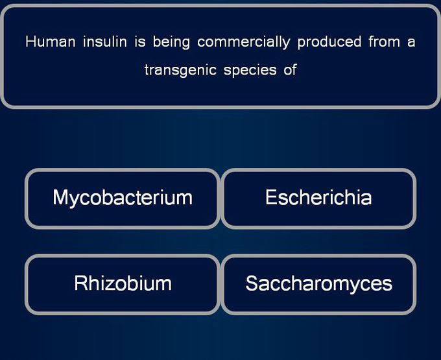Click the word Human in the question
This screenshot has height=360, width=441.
click(51, 42)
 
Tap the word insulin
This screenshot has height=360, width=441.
click(105, 42)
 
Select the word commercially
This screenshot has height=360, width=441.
click(244, 42)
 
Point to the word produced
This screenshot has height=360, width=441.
click(329, 42)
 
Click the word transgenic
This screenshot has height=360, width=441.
click(180, 70)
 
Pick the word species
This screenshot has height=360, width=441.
click(250, 71)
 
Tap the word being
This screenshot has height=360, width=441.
click(171, 42)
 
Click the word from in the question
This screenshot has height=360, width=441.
click(384, 42)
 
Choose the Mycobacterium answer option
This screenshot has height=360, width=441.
click(123, 199)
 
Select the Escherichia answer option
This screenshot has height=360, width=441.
click(318, 199)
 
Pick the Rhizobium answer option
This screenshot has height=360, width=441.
click(123, 284)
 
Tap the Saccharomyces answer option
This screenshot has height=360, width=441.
click(318, 284)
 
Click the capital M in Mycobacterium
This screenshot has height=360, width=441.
click(60, 197)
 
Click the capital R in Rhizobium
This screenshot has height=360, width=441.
click(80, 283)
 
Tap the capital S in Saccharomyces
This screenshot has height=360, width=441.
click(252, 283)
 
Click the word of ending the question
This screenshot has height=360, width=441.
click(291, 70)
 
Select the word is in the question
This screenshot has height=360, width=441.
click(140, 42)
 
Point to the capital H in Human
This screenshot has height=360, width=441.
click(30, 42)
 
